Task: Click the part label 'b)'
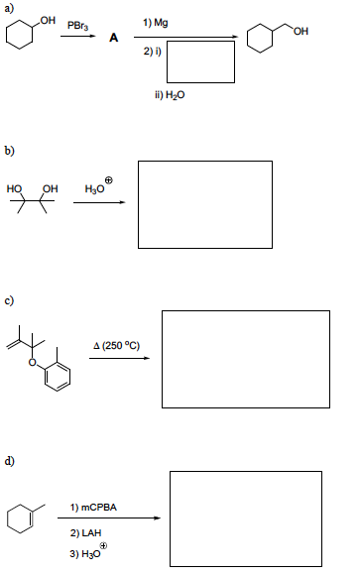coord(9,151)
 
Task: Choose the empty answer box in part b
coord(205,201)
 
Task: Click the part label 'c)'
coord(9,301)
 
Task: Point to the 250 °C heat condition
coord(117,345)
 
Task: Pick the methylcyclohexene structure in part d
coord(27,517)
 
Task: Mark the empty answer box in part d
coord(246,517)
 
